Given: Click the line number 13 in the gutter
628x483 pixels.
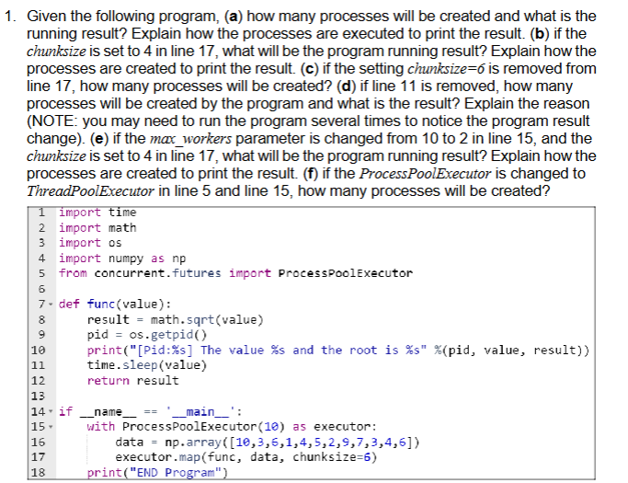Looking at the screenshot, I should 39,396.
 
